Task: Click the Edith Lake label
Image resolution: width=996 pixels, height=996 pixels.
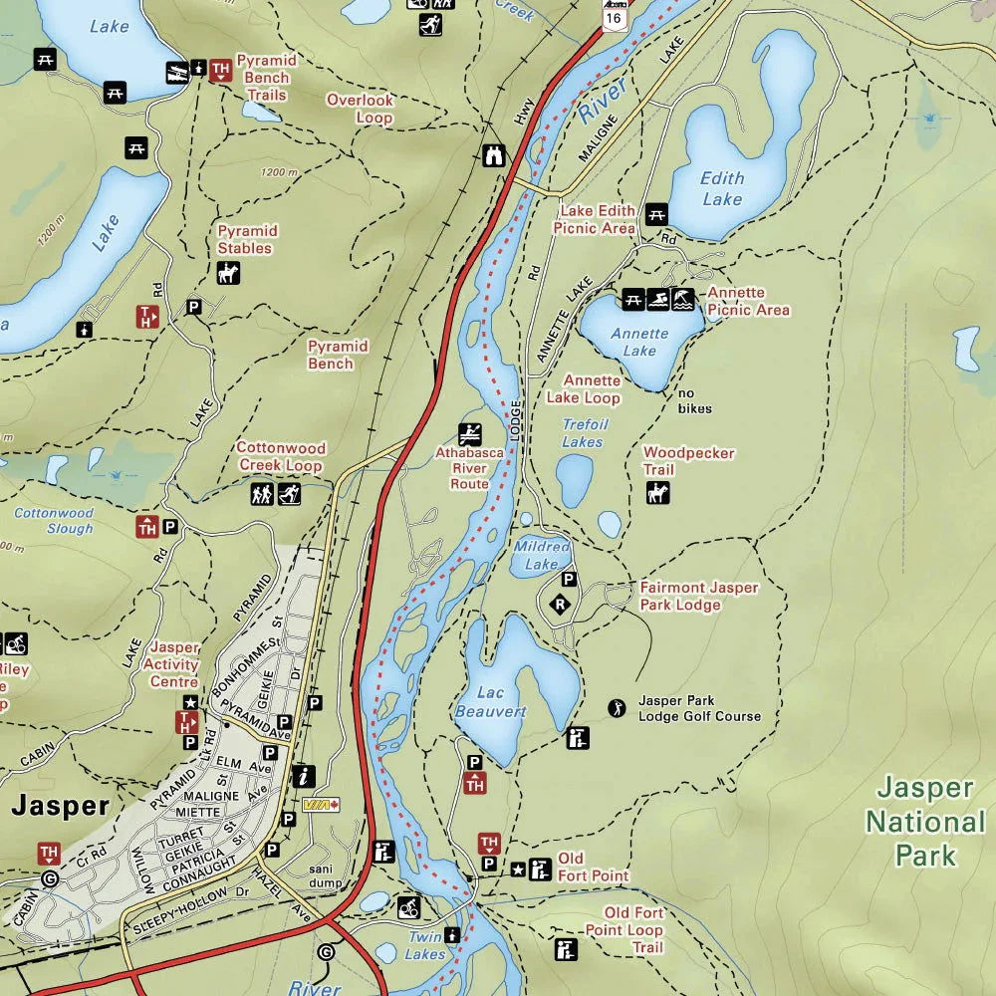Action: (x=721, y=188)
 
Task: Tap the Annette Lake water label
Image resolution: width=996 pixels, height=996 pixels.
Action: (x=639, y=342)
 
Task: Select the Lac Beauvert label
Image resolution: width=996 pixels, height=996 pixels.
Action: (x=490, y=702)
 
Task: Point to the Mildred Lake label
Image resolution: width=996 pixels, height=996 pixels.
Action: (x=542, y=555)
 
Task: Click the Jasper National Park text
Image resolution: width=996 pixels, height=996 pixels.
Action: (x=925, y=822)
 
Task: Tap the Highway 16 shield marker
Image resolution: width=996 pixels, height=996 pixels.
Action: (x=615, y=13)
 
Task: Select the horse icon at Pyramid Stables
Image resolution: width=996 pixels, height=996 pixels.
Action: (x=228, y=273)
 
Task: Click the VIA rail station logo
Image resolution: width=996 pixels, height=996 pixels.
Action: (x=321, y=804)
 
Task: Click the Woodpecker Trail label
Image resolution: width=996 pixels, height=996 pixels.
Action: (x=687, y=461)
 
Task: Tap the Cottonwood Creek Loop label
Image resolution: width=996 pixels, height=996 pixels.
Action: (x=280, y=457)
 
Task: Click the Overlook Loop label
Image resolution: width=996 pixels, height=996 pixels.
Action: (x=361, y=109)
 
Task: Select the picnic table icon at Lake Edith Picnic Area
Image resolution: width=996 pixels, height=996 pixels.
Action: (x=655, y=212)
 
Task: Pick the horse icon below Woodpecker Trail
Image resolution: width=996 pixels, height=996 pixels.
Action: (x=657, y=492)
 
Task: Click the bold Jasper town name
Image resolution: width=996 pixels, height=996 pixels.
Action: (x=60, y=806)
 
